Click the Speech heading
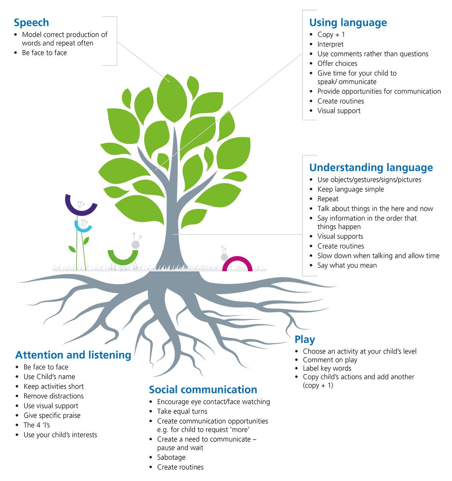click(x=31, y=23)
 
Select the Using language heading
click(x=348, y=23)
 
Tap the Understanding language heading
click(x=371, y=167)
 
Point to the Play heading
click(x=305, y=339)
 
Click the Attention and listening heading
click(x=73, y=355)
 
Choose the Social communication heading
click(x=203, y=389)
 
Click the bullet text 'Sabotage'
click(x=171, y=457)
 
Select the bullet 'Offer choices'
click(x=337, y=63)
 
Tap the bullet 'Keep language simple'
click(x=351, y=189)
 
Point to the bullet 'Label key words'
click(x=327, y=368)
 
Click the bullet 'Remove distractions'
click(x=53, y=396)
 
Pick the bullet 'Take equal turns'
click(x=182, y=411)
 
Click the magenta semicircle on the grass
click(x=237, y=264)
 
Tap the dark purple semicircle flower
click(x=81, y=206)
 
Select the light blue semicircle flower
click(x=83, y=226)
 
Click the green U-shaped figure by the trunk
click(x=122, y=258)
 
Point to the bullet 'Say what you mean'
click(x=347, y=265)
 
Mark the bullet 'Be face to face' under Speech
click(x=44, y=53)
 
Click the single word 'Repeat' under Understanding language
click(x=328, y=199)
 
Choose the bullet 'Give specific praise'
click(x=52, y=415)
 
